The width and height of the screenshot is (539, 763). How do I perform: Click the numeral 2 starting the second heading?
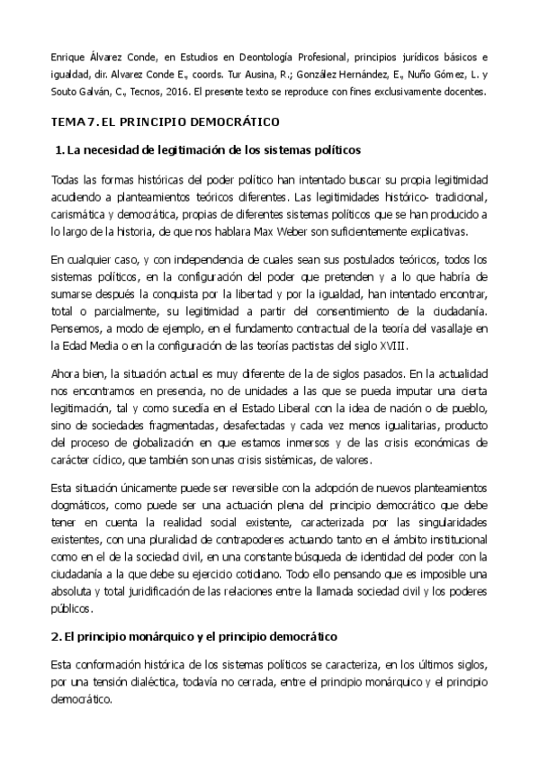coord(54,636)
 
